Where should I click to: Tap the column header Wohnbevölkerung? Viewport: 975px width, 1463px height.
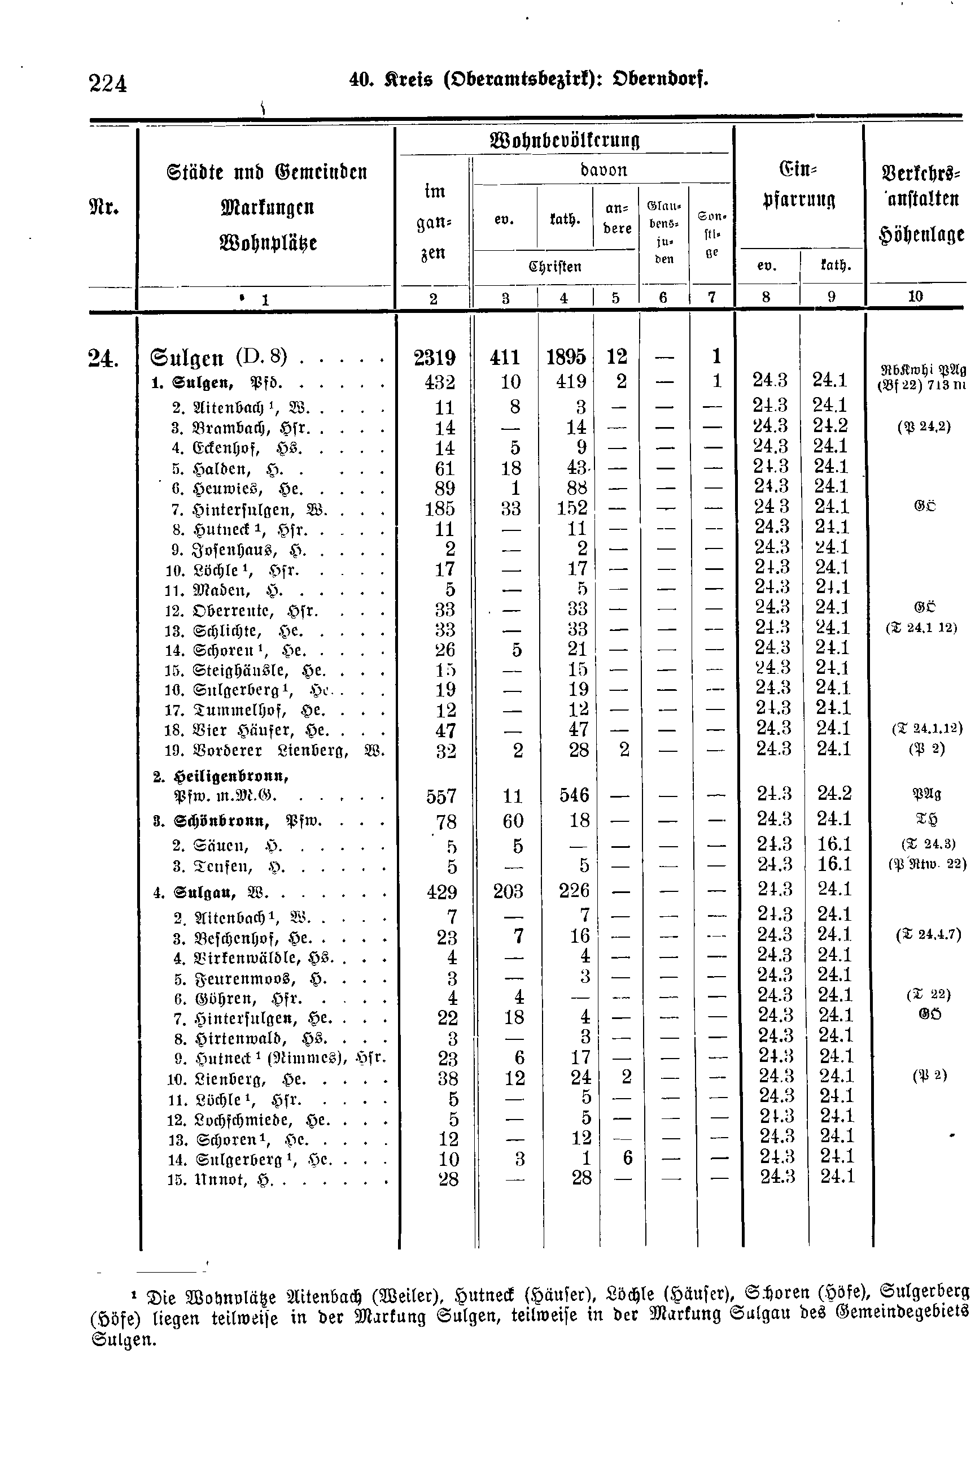click(565, 140)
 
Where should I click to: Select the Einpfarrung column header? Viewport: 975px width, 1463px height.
click(798, 184)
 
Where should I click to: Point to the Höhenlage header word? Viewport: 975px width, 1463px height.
click(921, 234)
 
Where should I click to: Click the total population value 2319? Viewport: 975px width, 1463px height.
click(435, 358)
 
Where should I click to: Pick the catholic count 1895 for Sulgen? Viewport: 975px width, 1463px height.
click(566, 357)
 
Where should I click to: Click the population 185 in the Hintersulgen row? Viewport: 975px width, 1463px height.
click(440, 509)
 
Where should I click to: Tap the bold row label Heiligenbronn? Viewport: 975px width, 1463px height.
click(221, 776)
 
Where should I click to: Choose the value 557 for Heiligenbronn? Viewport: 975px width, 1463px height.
click(441, 796)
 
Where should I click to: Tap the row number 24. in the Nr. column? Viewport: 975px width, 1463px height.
click(103, 359)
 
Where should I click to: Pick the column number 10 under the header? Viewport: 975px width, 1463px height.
click(915, 297)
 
